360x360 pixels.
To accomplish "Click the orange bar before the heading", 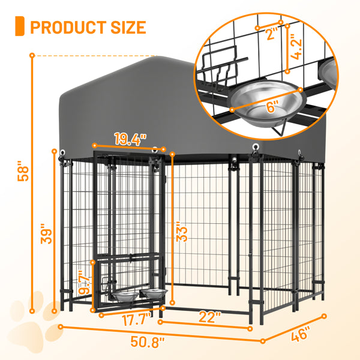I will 20,27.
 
